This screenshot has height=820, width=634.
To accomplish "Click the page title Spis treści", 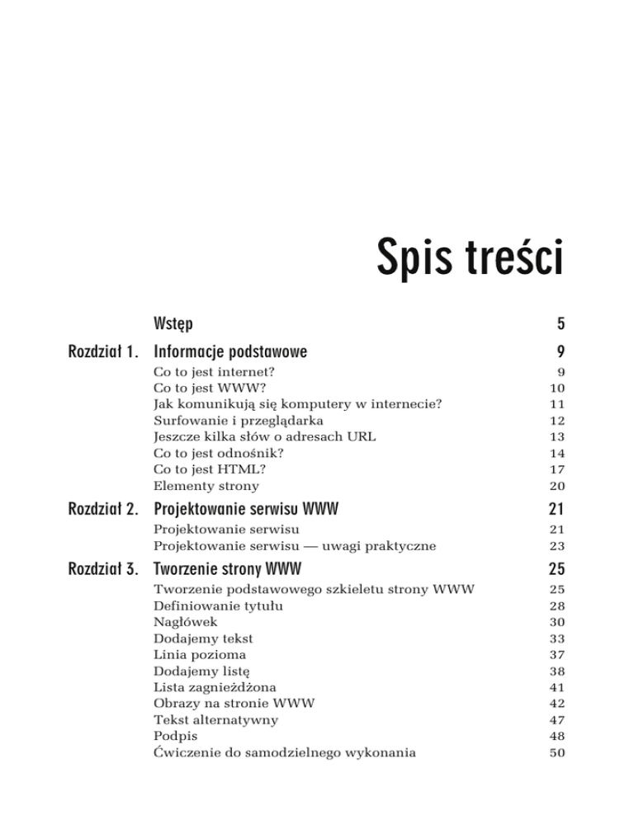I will pyautogui.click(x=470, y=257).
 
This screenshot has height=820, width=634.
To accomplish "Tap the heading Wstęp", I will pyautogui.click(x=173, y=320).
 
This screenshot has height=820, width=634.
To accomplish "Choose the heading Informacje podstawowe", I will pyautogui.click(x=230, y=352).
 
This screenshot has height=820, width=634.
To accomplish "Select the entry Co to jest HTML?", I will pyautogui.click(x=202, y=470).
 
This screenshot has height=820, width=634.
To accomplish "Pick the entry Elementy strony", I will pyautogui.click(x=206, y=487).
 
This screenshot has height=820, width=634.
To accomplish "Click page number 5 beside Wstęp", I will pyautogui.click(x=559, y=321).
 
